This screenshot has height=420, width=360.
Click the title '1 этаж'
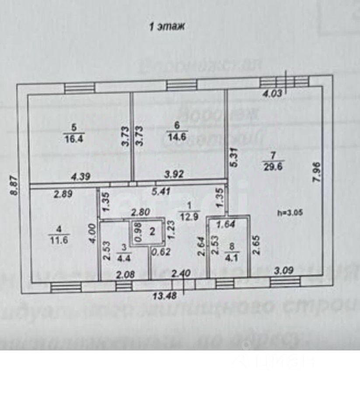168,27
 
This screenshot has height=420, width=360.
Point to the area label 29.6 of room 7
273,165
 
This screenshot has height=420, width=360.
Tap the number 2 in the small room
152,231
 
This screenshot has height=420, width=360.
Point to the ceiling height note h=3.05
290,213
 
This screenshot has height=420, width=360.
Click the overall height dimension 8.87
14,185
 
